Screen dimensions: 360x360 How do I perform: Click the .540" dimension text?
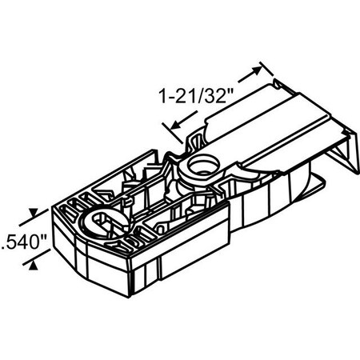[x=24, y=238]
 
